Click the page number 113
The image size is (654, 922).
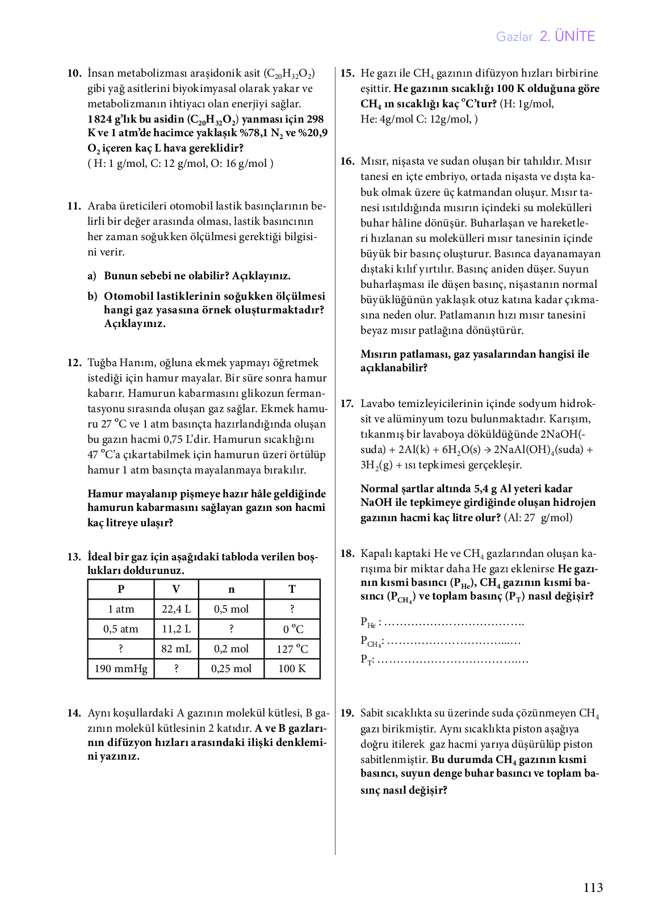tap(593, 887)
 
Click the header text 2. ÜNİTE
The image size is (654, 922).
tap(567, 36)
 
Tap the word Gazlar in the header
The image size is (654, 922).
tap(514, 37)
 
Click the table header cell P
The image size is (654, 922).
tap(121, 589)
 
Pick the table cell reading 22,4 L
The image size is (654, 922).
tap(176, 609)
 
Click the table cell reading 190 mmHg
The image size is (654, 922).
tap(121, 669)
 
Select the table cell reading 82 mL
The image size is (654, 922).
tap(176, 649)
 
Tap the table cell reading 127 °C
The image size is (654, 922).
tap(292, 649)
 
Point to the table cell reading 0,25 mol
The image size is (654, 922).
tap(231, 669)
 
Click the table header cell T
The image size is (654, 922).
tap(292, 589)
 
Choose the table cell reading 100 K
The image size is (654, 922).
tap(292, 669)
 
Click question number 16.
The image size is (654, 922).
tap(347, 161)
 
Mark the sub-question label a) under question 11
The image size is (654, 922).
tap(92, 276)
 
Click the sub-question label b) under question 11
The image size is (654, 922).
tap(92, 296)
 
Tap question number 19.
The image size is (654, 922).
tap(347, 714)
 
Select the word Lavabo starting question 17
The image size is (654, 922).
tap(377, 404)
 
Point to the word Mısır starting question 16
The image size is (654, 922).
tap(374, 161)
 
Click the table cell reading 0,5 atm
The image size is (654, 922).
tap(121, 629)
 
